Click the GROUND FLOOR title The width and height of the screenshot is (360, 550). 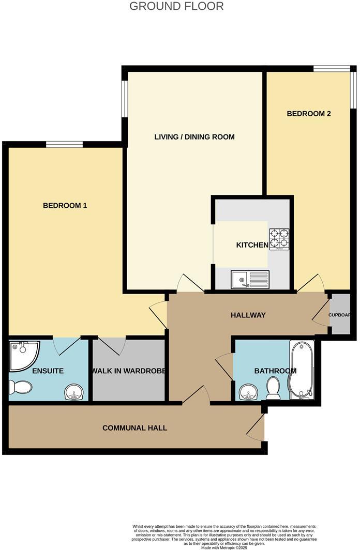coord(176,7)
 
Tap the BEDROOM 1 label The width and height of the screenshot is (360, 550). coord(65,206)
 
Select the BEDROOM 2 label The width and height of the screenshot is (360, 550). coord(309,114)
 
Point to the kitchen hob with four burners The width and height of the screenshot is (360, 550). coord(278,239)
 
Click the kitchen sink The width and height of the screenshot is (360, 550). coord(250,280)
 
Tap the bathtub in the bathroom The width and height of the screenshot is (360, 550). coord(301,370)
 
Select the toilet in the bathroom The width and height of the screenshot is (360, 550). coord(273,388)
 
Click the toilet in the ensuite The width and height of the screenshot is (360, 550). coord(21,387)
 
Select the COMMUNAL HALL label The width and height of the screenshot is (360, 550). coord(134,428)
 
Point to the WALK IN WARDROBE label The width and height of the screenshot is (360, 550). coord(129,371)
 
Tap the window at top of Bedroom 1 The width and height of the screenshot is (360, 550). coord(64,145)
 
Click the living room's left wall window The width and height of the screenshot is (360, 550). coord(125,99)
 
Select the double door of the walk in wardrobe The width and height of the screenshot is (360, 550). coord(112,345)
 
